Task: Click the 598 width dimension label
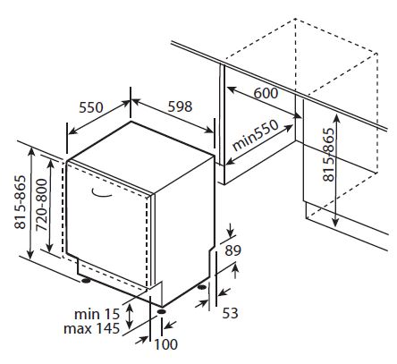180,106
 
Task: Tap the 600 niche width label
266,93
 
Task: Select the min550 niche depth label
256,136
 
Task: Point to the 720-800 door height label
42,205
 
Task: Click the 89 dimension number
232,250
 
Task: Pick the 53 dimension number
230,313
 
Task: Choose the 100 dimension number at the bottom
165,344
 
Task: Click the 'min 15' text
97,314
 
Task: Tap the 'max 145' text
91,328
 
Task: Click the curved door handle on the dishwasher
101,194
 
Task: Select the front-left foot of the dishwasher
86,281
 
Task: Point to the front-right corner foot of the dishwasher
162,311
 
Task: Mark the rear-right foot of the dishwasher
202,287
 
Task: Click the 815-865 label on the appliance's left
21,202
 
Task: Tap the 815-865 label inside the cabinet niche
329,155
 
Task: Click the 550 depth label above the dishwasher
91,107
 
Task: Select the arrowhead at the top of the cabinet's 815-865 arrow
336,118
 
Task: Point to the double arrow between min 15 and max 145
130,317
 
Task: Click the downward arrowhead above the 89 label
230,233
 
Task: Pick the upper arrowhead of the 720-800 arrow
51,165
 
